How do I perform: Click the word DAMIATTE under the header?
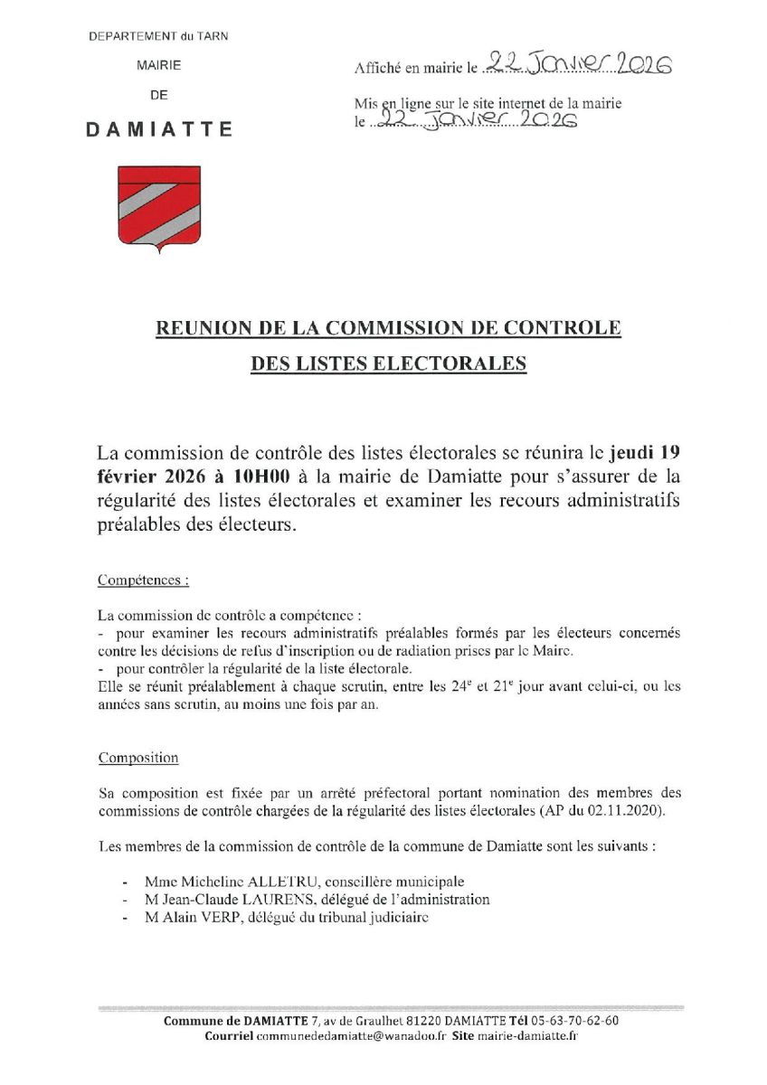[159, 128]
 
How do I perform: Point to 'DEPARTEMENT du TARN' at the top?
[158, 35]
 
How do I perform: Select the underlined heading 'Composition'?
[138, 757]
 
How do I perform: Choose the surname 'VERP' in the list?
[216, 917]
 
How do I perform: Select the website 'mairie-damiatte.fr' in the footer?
[527, 1036]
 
